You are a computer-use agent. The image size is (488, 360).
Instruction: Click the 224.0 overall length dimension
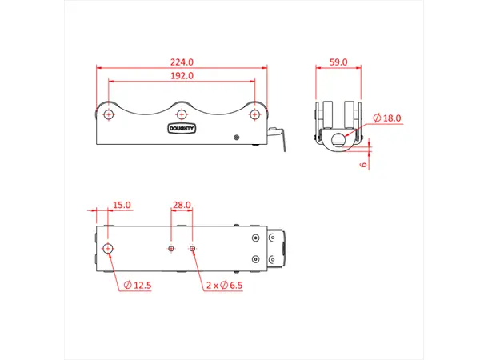pyautogui.click(x=182, y=61)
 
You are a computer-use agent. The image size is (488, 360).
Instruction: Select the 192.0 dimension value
pyautogui.click(x=182, y=76)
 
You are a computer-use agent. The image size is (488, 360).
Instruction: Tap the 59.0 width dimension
pyautogui.click(x=339, y=61)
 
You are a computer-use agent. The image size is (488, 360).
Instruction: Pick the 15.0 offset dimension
pyautogui.click(x=122, y=205)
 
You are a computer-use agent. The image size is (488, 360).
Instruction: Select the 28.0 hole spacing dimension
pyautogui.click(x=182, y=205)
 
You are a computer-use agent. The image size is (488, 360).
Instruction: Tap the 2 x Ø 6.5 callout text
pyautogui.click(x=225, y=285)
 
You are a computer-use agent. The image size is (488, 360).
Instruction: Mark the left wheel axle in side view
pyautogui.click(x=108, y=114)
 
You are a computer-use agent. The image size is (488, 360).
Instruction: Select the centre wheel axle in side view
pyautogui.click(x=182, y=114)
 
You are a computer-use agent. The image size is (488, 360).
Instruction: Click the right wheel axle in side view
pyautogui.click(x=255, y=114)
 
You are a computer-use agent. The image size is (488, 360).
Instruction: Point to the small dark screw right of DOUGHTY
pyautogui.click(x=236, y=138)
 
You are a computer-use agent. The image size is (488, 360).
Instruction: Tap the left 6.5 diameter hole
pyautogui.click(x=170, y=249)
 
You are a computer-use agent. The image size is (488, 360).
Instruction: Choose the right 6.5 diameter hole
pyautogui.click(x=192, y=249)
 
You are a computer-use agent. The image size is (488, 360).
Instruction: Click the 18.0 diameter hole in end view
pyautogui.click(x=339, y=140)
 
